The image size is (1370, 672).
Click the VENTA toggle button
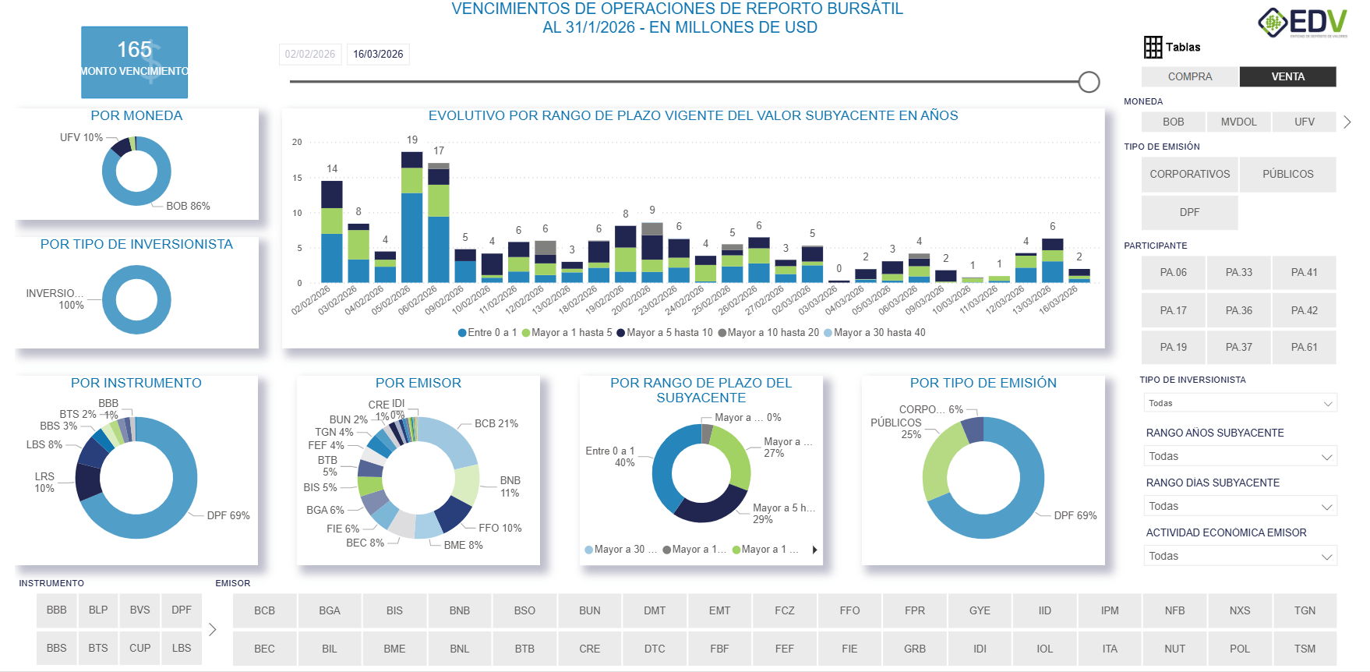click(1287, 76)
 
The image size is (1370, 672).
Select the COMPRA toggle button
click(1189, 76)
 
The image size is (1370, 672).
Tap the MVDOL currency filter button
click(1238, 122)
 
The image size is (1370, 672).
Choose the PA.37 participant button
click(1238, 347)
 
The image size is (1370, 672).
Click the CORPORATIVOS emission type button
click(1189, 174)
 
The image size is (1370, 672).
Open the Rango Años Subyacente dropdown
click(1239, 456)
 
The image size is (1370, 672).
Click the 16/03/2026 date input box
click(378, 54)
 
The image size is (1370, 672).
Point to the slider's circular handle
click(1089, 81)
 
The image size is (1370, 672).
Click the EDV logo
click(1302, 23)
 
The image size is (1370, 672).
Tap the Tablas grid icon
click(1153, 47)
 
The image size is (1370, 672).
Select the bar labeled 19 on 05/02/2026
click(411, 217)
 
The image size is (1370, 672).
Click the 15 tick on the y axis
click(297, 178)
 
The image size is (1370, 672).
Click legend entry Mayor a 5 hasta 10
click(665, 333)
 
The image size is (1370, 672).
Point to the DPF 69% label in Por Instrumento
click(228, 515)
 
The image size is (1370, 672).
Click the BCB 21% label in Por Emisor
click(496, 423)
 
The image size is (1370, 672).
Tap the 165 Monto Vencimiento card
click(134, 62)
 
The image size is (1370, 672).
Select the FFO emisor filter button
click(849, 610)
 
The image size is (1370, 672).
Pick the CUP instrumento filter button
click(139, 648)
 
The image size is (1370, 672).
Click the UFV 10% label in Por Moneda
click(81, 137)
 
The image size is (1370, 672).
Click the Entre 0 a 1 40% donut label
click(610, 457)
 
